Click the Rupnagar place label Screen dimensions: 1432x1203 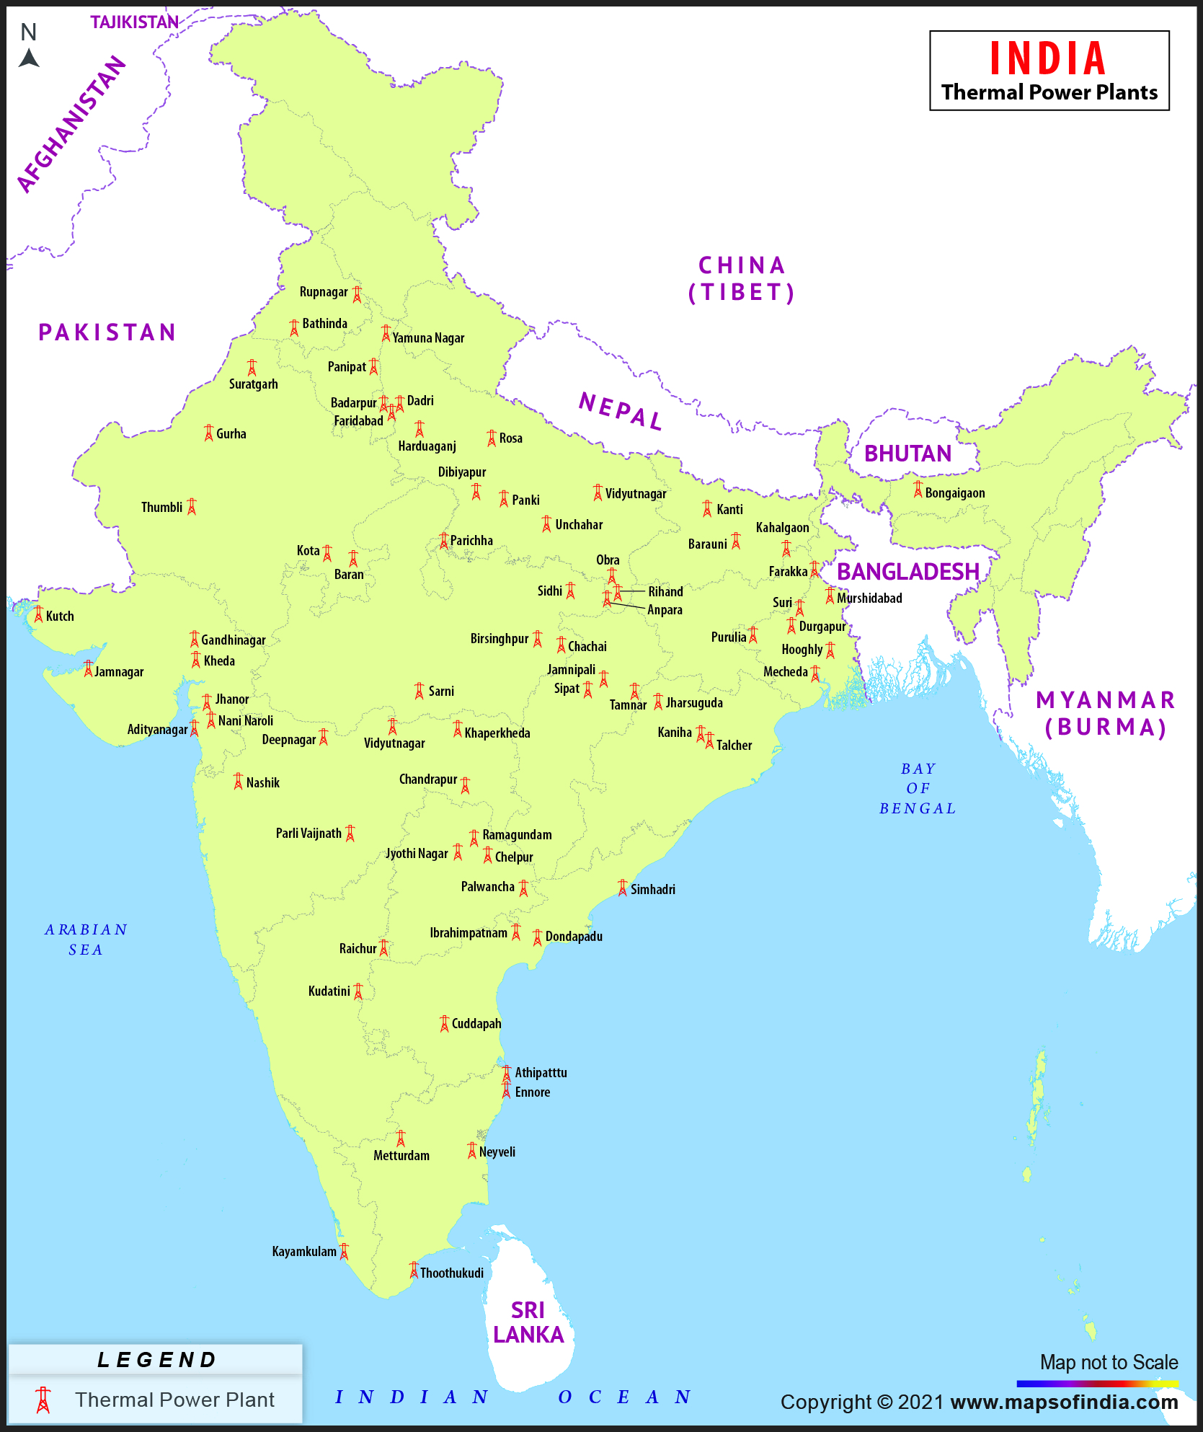click(323, 292)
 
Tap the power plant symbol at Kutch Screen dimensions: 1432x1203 click(38, 614)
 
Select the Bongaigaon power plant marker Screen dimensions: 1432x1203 click(918, 490)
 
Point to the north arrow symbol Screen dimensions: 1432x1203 click(29, 58)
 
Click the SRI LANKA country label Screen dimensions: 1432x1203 click(528, 1322)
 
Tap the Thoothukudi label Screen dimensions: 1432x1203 click(452, 1273)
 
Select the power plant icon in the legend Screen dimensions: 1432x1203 click(43, 1400)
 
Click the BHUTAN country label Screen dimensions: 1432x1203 click(907, 454)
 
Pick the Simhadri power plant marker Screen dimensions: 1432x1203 click(623, 888)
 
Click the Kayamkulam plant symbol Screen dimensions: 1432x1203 click(345, 1251)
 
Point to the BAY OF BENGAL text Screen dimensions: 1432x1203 click(918, 788)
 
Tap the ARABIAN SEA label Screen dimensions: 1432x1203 click(86, 940)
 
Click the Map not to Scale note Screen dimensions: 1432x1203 click(1108, 1362)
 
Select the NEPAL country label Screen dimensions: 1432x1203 click(620, 412)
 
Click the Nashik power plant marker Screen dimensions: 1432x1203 click(239, 781)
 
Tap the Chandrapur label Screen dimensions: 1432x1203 click(427, 779)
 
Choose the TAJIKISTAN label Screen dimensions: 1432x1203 click(134, 22)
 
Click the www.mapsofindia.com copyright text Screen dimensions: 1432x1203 click(1064, 1402)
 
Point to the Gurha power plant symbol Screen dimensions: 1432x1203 click(208, 433)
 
